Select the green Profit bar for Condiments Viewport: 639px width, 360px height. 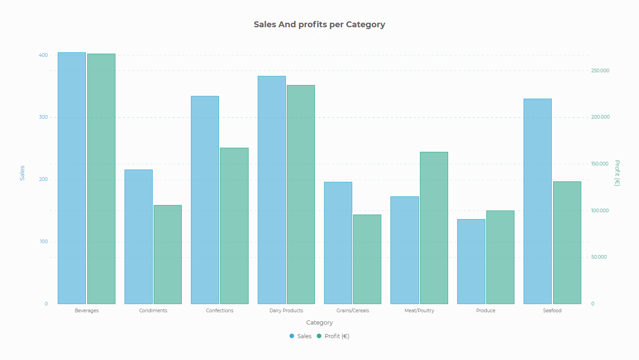[168, 255]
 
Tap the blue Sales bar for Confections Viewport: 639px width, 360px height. [205, 200]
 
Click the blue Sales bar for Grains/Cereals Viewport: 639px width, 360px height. [338, 243]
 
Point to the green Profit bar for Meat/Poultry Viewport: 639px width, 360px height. [434, 228]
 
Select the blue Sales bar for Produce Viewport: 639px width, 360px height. [471, 261]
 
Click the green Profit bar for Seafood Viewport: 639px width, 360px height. [567, 243]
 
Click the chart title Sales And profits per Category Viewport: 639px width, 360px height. [319, 25]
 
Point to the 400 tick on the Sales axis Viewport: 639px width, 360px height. [43, 55]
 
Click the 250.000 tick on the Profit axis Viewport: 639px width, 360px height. [600, 71]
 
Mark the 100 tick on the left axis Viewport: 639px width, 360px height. [43, 242]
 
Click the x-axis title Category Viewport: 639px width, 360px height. [319, 323]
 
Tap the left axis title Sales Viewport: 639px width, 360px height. [22, 173]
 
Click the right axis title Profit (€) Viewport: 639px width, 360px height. [617, 173]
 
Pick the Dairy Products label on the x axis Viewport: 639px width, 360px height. [286, 311]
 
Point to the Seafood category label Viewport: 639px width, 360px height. [552, 311]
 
